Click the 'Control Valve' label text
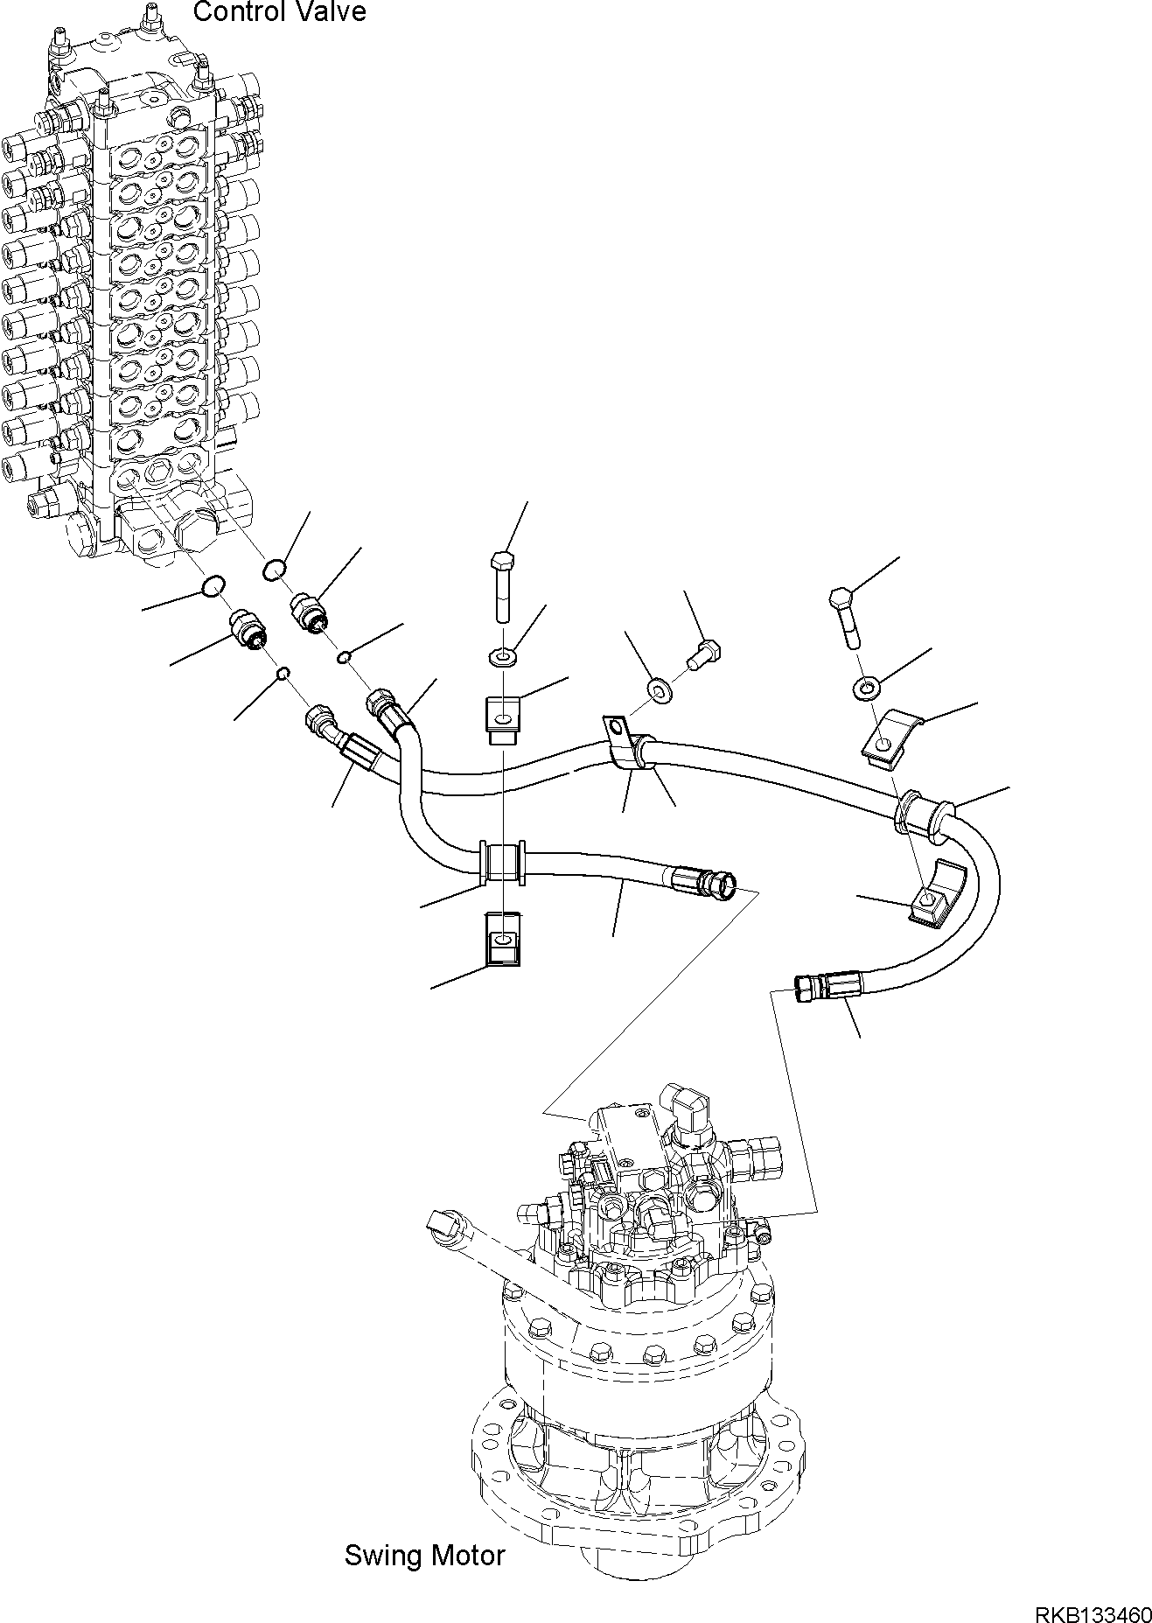[x=279, y=12]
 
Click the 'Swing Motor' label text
[x=424, y=1555]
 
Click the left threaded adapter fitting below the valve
[x=248, y=629]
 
